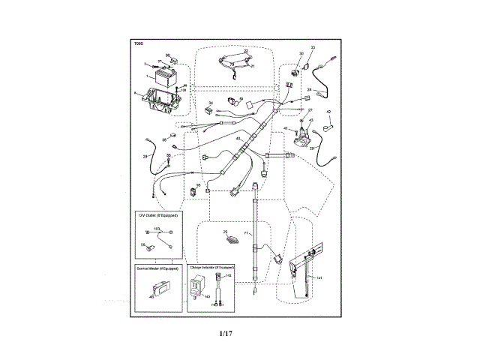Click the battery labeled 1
(x=164, y=76)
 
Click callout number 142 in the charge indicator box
(x=228, y=276)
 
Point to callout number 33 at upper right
(x=313, y=48)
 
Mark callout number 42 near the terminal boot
(x=328, y=112)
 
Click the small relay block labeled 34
(x=210, y=110)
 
